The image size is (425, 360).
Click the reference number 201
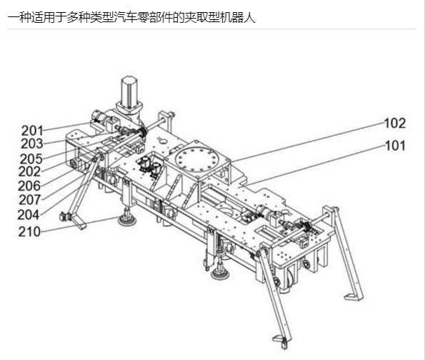coord(32,131)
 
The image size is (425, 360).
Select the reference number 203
coord(32,144)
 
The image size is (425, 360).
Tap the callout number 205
coord(31,159)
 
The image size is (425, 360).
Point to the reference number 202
coord(29,171)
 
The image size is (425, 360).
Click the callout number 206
coord(29,186)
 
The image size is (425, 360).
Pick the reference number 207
coord(30,200)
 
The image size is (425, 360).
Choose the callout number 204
coord(29,215)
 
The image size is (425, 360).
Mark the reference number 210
coord(29,231)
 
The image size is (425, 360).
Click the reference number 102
coord(395,124)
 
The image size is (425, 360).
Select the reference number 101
coord(395,146)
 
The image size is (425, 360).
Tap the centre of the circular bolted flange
coord(194,159)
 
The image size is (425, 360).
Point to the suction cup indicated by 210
coord(126,219)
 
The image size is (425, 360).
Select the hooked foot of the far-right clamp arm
coord(354,296)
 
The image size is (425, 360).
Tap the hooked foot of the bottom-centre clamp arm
coord(281,341)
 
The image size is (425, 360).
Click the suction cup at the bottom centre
coord(220,273)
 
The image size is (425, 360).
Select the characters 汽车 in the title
coord(126,18)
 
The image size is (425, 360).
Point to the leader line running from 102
coord(308,142)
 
